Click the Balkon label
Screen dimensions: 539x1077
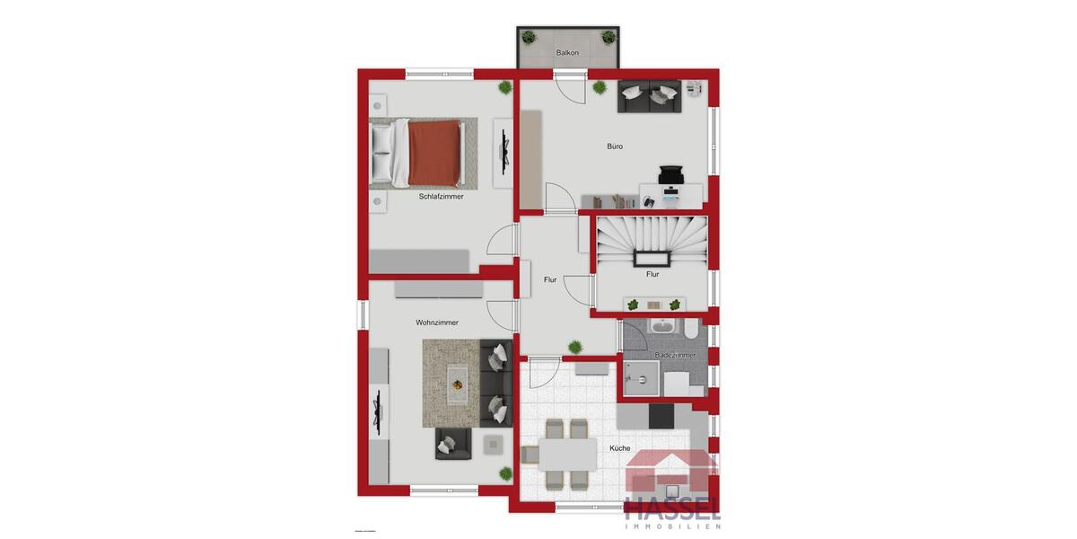click(567, 53)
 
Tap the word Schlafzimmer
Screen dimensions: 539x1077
click(441, 196)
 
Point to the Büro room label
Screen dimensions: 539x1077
click(615, 146)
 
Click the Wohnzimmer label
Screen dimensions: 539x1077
click(437, 323)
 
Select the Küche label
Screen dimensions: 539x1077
click(619, 447)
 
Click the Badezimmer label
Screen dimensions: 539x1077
click(675, 356)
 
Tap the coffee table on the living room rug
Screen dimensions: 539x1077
click(459, 384)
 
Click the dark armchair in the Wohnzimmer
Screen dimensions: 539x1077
click(452, 443)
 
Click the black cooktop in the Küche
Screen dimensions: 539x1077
click(661, 416)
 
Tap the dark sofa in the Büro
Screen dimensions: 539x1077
click(649, 97)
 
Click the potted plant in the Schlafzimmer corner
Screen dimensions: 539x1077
click(505, 87)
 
